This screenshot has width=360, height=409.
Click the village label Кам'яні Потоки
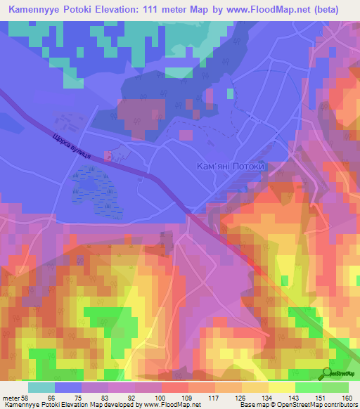[x=231, y=167]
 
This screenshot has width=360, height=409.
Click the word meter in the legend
[x=11, y=398]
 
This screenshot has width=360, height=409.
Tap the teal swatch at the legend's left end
[x=41, y=387]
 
